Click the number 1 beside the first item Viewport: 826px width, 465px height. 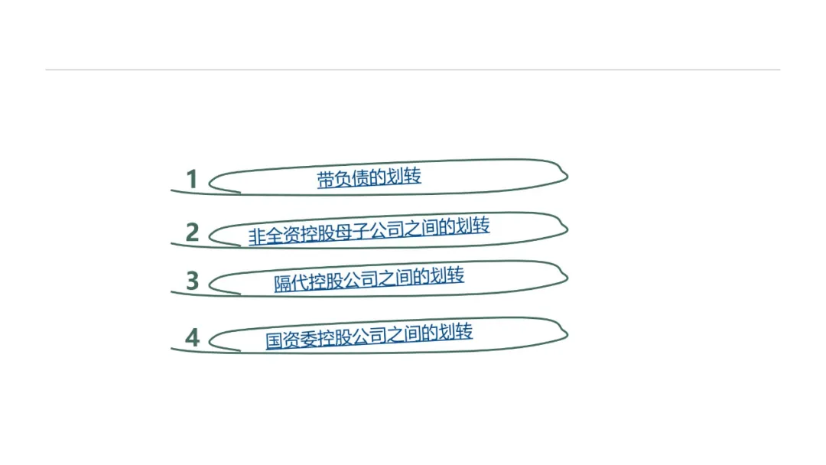[x=192, y=180]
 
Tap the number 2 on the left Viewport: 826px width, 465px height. [x=192, y=232]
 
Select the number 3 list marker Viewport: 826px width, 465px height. [x=192, y=281]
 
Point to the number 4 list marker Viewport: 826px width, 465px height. [x=192, y=337]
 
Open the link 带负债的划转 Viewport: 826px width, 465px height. [x=369, y=178]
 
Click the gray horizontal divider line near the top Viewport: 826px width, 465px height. [x=413, y=70]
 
